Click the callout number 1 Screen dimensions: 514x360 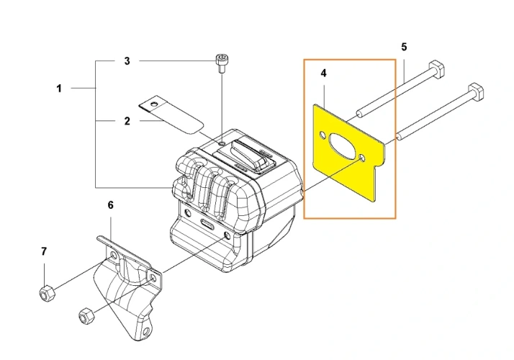(59, 89)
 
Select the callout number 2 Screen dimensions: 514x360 (127, 121)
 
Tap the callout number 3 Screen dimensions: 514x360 (127, 61)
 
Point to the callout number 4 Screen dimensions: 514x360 (323, 73)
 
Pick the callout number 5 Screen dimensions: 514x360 (404, 48)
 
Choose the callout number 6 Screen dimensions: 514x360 (110, 205)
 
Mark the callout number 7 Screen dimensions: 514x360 (44, 252)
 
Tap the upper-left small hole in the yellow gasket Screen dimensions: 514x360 (323, 135)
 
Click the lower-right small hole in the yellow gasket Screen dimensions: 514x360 (362, 158)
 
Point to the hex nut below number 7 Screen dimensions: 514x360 (47, 293)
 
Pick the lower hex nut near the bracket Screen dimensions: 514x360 (86, 315)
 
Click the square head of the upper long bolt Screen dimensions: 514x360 (437, 69)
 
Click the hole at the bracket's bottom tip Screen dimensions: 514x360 (147, 330)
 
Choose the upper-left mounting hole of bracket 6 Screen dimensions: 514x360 (114, 255)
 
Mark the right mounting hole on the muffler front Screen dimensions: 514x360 (227, 235)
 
